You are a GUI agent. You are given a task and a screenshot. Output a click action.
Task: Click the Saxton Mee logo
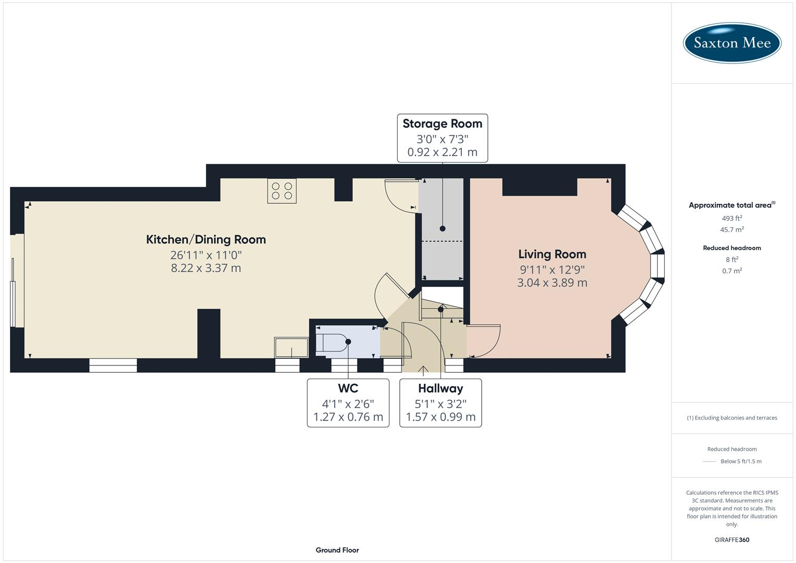pos(732,42)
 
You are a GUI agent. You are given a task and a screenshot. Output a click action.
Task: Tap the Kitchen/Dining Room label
pos(206,240)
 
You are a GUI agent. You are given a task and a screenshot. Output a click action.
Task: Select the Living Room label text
pos(552,254)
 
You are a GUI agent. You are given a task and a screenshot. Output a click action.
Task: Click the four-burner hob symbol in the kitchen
pos(282,191)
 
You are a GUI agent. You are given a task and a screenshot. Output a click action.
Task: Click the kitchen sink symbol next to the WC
pos(291,347)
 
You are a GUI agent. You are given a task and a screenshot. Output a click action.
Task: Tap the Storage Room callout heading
pos(442,124)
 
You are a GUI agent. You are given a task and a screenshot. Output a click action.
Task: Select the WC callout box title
pos(348,389)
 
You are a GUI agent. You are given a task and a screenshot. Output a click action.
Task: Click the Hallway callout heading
pos(440,389)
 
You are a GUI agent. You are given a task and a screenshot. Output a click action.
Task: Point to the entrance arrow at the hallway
pos(423,370)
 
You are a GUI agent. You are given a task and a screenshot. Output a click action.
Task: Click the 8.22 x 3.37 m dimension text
pos(206,268)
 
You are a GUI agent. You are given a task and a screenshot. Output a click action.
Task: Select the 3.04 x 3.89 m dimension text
pos(552,283)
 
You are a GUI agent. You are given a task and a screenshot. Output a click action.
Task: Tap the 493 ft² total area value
pos(732,218)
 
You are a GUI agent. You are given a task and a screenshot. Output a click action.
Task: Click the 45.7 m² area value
pos(732,230)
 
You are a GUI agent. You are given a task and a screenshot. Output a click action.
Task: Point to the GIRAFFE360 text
pos(732,540)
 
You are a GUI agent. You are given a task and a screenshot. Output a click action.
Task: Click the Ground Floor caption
pos(337,550)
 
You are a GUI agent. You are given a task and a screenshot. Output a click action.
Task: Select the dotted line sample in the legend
pos(709,462)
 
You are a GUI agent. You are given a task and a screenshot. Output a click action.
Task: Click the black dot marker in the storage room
pos(443,229)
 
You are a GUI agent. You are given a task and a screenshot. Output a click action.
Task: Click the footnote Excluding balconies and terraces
pos(732,418)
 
